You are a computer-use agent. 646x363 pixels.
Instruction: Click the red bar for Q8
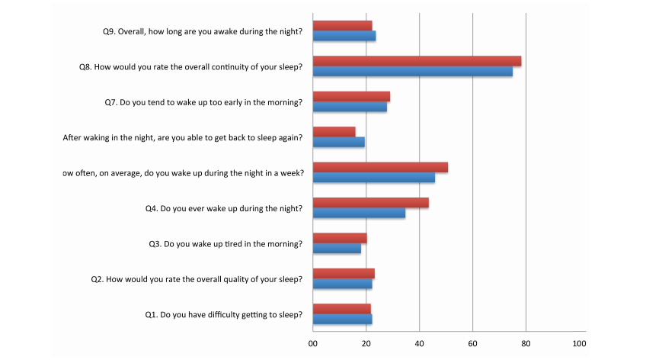417,61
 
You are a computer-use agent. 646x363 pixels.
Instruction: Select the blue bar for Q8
412,72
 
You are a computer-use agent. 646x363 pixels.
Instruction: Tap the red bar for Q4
370,203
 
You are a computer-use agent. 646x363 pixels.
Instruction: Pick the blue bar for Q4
359,214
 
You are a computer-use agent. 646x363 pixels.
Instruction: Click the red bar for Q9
342,25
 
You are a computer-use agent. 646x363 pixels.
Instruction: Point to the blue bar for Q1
342,320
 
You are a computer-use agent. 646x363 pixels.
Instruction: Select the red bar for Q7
351,97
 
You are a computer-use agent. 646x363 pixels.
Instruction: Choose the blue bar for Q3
337,249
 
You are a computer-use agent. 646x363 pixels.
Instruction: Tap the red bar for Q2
344,274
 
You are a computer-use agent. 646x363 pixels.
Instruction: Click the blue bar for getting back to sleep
339,143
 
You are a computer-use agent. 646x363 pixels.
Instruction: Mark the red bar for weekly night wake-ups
380,167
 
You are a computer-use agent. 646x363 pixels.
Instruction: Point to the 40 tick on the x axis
419,343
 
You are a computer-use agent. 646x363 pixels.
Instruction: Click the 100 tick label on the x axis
579,343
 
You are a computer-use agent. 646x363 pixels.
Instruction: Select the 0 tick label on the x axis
312,343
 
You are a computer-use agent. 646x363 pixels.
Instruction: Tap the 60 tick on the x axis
472,343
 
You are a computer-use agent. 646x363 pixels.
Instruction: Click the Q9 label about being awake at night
203,31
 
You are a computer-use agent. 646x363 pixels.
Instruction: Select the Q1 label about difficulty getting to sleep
224,314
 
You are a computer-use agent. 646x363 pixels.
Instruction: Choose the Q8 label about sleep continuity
191,67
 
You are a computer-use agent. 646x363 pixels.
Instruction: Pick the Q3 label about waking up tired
225,244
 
